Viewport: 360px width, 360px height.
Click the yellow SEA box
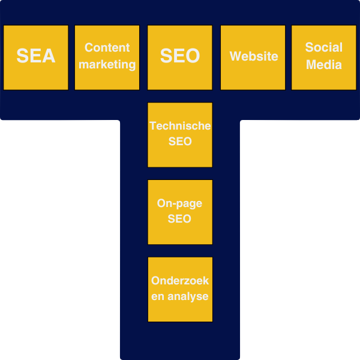(x=36, y=57)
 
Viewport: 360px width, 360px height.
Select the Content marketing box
(x=107, y=57)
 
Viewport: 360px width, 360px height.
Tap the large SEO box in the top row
(x=180, y=57)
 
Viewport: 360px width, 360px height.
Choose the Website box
(x=253, y=57)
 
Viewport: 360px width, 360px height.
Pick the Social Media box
(x=323, y=57)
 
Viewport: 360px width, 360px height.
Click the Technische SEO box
(x=180, y=134)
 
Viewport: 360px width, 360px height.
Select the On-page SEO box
(x=180, y=212)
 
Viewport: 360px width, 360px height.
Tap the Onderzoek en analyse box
(x=180, y=289)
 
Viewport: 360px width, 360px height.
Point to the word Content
(x=107, y=47)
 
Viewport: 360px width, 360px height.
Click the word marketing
(x=107, y=64)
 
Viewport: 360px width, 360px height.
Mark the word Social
(x=323, y=47)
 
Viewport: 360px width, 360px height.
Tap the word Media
(x=323, y=64)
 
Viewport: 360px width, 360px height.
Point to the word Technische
(x=180, y=126)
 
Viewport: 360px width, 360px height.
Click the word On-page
(x=179, y=204)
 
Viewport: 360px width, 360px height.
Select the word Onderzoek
(x=180, y=281)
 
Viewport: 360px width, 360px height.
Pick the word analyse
(x=188, y=296)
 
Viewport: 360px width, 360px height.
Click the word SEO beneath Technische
(x=180, y=142)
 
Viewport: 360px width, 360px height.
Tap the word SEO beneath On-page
(x=180, y=220)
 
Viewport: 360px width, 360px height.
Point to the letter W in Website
(x=235, y=56)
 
